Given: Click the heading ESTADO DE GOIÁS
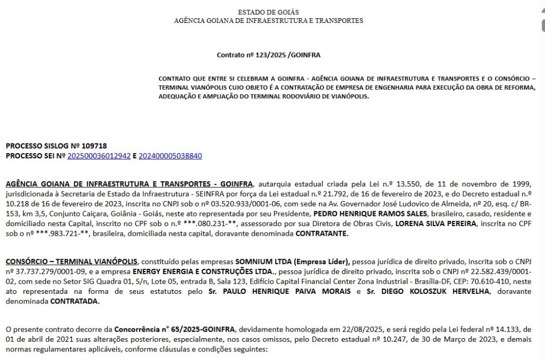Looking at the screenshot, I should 268,12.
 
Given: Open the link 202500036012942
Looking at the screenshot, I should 99,156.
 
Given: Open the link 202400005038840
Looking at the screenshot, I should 170,156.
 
